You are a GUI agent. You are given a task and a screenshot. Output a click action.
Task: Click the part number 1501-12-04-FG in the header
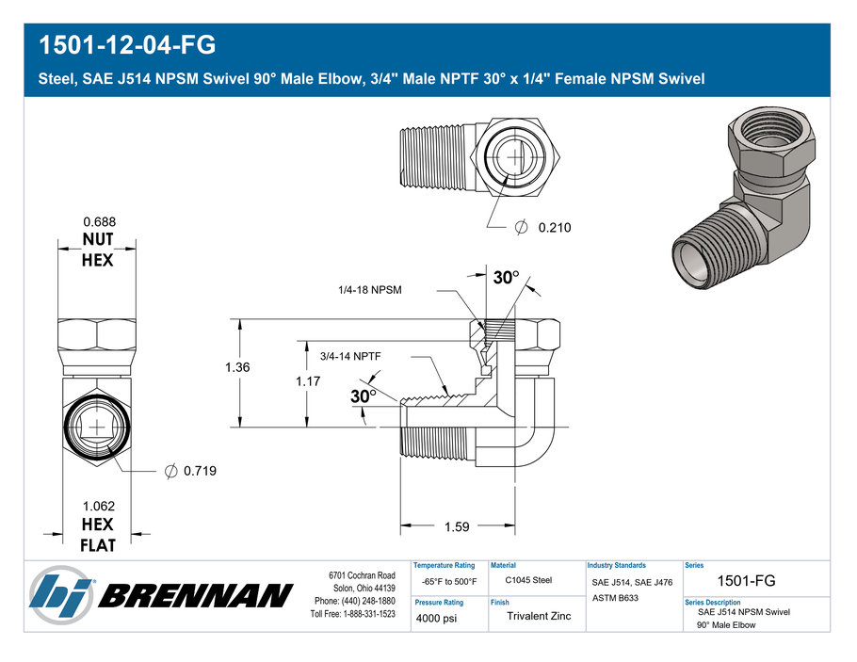[127, 45]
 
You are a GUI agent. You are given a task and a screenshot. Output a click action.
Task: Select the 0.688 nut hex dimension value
[100, 222]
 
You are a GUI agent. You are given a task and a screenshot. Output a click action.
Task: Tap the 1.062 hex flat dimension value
[99, 507]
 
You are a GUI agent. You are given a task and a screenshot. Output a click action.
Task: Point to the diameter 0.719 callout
[191, 471]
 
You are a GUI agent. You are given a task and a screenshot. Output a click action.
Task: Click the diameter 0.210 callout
[543, 227]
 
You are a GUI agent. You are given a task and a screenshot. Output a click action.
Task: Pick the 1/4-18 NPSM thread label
[370, 290]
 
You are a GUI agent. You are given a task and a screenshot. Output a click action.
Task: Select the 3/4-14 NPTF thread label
[350, 356]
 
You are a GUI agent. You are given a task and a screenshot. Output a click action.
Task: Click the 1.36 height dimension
[237, 367]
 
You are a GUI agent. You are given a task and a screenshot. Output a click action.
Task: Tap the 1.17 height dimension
[308, 381]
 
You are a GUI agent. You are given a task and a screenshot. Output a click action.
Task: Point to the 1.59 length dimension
[457, 527]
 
